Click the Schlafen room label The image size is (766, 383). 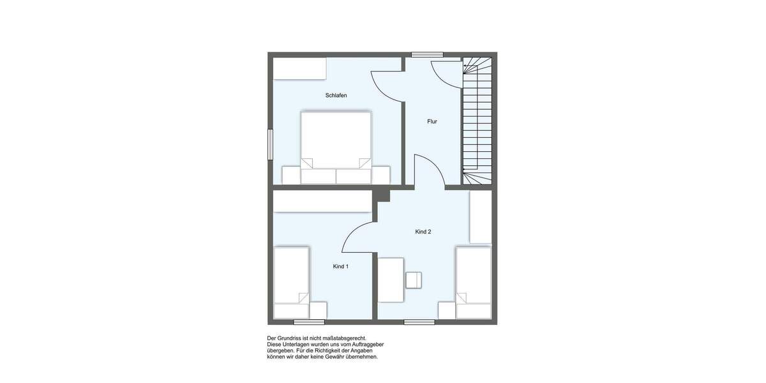point(336,96)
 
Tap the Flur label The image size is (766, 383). point(432,121)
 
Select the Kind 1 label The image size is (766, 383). point(341,266)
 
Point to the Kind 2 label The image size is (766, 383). point(423,232)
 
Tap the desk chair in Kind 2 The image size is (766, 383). point(414,280)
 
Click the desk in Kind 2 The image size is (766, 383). point(391,280)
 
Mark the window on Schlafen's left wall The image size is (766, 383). point(271,145)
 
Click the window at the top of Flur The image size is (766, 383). point(423,54)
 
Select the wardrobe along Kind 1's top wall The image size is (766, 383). point(322,202)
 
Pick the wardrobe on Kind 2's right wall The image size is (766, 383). point(480,217)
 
